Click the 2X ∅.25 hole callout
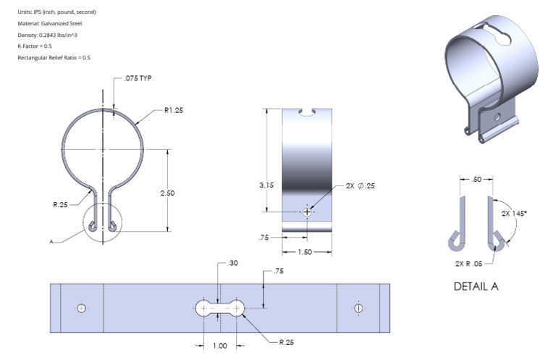coord(361,185)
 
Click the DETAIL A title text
coord(476,286)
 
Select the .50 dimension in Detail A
coord(476,178)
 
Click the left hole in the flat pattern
coord(82,309)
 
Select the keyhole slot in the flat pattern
coord(220,309)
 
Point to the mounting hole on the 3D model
coord(497,115)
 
